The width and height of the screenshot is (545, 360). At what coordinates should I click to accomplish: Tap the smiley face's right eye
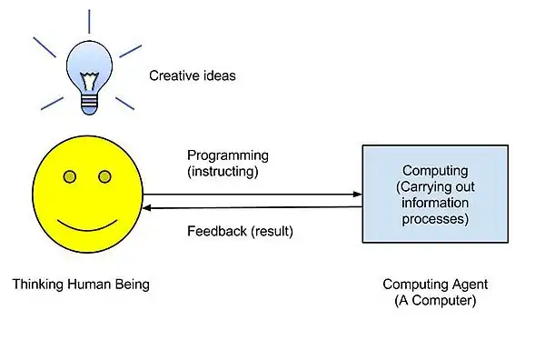click(104, 175)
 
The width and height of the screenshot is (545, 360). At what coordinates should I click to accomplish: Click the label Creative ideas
click(192, 75)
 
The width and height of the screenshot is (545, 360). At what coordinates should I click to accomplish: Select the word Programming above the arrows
click(227, 155)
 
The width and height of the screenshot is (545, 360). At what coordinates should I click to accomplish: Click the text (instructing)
click(223, 170)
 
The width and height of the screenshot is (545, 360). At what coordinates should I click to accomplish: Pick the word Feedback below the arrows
click(215, 231)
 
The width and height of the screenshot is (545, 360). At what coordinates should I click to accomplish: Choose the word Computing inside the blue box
click(435, 171)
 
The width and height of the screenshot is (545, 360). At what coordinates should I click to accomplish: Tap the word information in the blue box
click(435, 204)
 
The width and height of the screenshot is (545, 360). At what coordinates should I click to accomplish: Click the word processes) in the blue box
click(436, 219)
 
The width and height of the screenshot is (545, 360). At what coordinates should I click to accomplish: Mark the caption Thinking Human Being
click(81, 285)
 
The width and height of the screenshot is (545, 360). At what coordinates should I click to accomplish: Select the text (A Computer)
click(435, 300)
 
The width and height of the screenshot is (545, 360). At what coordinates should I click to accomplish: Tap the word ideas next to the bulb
click(218, 75)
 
